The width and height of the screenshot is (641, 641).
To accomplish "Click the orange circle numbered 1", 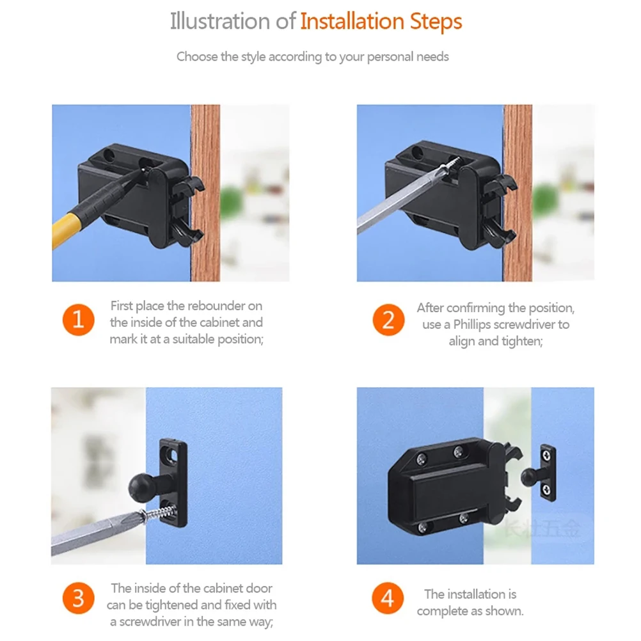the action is [78, 320].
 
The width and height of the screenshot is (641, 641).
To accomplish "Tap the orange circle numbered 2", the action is [388, 320].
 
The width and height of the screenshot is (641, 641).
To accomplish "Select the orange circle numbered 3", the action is [79, 598].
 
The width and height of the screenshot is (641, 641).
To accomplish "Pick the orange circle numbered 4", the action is [388, 598].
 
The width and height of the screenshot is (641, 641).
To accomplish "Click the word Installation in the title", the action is [352, 22].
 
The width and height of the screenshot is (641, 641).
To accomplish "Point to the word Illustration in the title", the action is [220, 22].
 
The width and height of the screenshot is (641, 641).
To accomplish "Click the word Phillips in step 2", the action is [471, 325].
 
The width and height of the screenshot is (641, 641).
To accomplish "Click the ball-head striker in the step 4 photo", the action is [539, 473].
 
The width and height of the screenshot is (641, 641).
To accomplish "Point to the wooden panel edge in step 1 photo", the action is [205, 193].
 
